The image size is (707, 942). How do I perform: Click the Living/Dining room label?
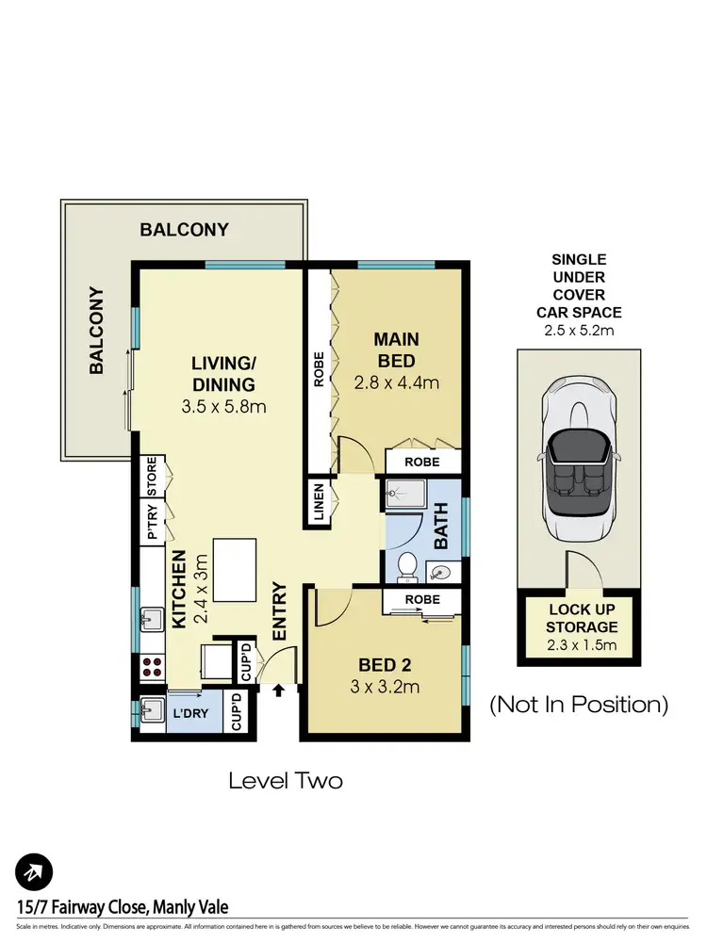coord(223,374)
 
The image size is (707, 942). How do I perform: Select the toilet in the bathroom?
coord(407,566)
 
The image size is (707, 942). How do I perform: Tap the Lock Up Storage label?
coord(583,618)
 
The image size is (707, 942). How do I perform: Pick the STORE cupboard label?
coord(151,477)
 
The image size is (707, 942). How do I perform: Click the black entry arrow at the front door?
coord(278,691)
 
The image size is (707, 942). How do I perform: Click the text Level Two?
coord(286,781)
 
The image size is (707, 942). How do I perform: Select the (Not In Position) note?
coord(578,704)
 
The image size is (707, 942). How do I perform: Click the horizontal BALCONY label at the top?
coord(185,229)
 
